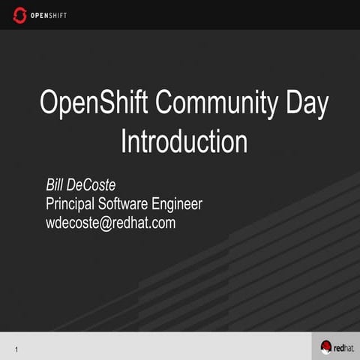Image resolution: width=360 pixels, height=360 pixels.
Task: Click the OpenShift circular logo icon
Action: (20, 15)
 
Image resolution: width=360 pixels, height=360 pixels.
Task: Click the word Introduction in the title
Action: (184, 141)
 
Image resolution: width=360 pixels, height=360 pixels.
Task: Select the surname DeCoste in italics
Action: (91, 184)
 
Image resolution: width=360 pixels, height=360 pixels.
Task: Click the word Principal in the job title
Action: (70, 204)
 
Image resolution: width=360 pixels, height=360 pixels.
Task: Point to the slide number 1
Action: (16, 349)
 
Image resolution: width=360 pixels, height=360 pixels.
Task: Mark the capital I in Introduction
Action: (124, 141)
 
